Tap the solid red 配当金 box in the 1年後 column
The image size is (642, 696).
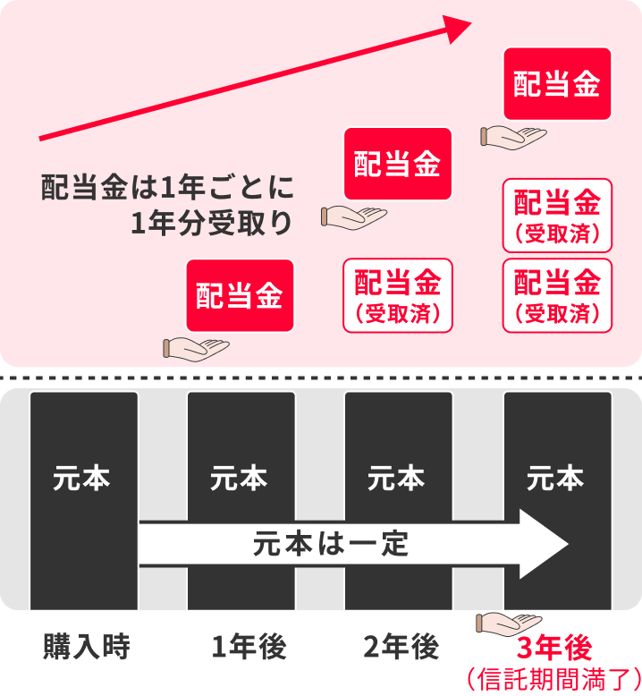[240, 296]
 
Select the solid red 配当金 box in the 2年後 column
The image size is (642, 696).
[398, 164]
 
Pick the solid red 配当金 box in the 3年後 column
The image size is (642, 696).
[557, 85]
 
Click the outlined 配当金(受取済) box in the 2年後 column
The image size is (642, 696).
[398, 295]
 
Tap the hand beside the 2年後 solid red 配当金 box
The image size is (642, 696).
[352, 216]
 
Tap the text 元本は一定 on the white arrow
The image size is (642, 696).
[331, 544]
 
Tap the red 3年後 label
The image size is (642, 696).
[555, 646]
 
